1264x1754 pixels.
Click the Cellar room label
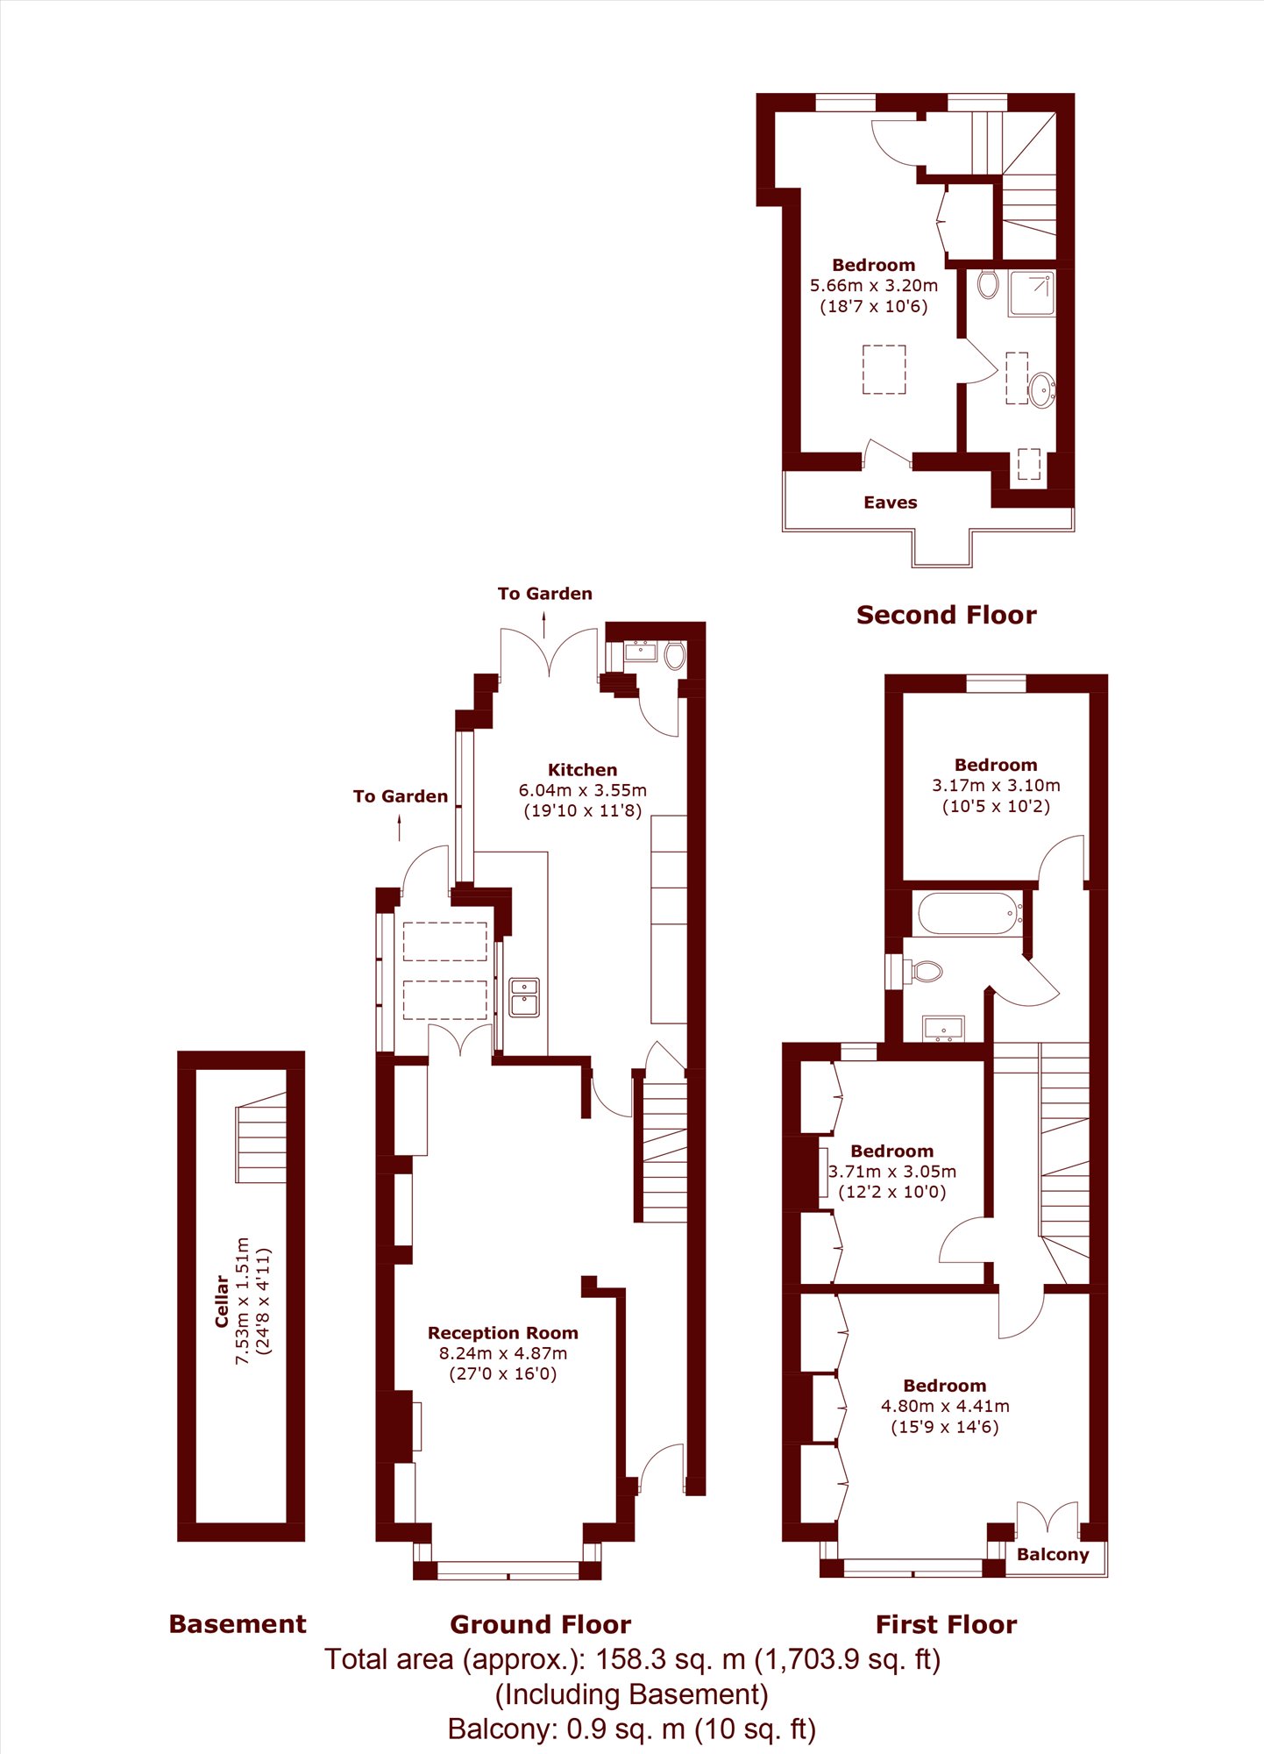[x=222, y=1301]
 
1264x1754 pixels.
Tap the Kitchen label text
[x=582, y=770]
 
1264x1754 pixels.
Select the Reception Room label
[x=503, y=1333]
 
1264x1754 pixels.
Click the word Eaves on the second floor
[x=891, y=503]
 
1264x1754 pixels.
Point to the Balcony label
[x=1053, y=1555]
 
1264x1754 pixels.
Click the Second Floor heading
[x=947, y=615]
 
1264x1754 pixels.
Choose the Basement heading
[x=238, y=1624]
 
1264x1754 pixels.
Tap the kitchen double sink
[x=524, y=997]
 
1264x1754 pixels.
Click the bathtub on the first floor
[x=969, y=914]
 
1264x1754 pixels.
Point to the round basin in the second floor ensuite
[x=1041, y=389]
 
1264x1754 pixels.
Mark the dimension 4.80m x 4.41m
[x=945, y=1406]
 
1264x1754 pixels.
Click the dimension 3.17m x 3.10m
[x=996, y=785]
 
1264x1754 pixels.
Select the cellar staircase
[x=261, y=1138]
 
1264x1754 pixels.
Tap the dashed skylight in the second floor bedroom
[x=884, y=369]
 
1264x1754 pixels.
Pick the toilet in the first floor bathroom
[x=924, y=971]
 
